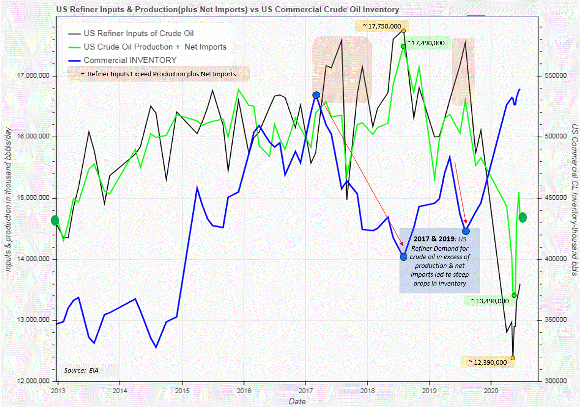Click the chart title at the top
[227, 9]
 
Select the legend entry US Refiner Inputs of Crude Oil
[139, 33]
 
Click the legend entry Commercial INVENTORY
[130, 60]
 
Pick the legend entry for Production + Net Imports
[155, 47]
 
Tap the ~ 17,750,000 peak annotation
[381, 26]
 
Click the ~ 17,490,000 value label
[426, 43]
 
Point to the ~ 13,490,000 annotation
[488, 300]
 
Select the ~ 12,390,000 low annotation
[487, 362]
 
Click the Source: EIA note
[81, 370]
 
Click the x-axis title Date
[297, 402]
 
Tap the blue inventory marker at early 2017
[316, 95]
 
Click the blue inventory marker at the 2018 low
[403, 257]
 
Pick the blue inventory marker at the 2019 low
[466, 231]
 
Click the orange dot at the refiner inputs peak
[403, 30]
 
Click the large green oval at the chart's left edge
[55, 220]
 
